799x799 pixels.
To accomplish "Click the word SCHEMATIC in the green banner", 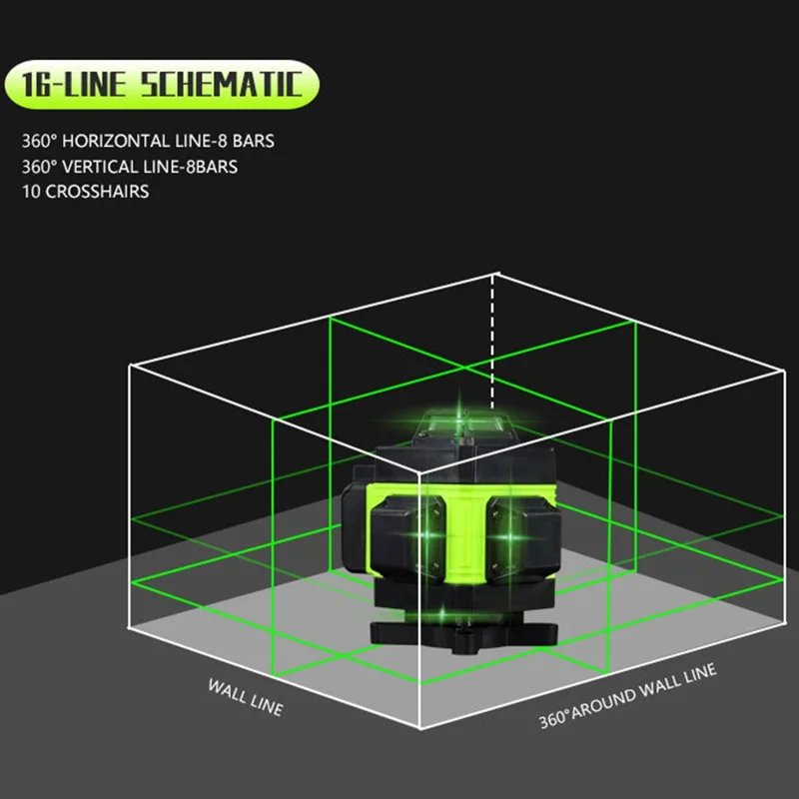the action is [x=222, y=84].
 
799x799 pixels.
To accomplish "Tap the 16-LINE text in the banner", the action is [x=73, y=84].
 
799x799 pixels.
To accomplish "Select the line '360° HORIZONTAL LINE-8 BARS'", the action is [x=148, y=141].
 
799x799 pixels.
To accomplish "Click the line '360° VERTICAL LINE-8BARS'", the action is [x=130, y=167].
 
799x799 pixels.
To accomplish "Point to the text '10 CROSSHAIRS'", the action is [x=85, y=192].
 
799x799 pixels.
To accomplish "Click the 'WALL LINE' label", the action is [x=245, y=697].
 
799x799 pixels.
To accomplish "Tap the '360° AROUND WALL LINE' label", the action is [x=628, y=695].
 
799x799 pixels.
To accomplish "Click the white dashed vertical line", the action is [x=492, y=342].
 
